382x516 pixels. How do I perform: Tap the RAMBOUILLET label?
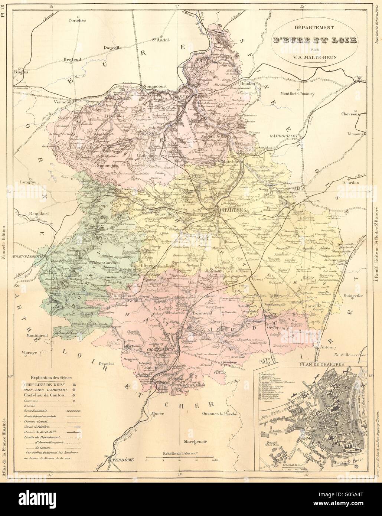pyautogui.click(x=285, y=136)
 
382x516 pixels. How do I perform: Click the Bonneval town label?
pyautogui.click(x=202, y=313)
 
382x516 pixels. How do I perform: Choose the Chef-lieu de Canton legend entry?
pyautogui.click(x=41, y=395)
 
